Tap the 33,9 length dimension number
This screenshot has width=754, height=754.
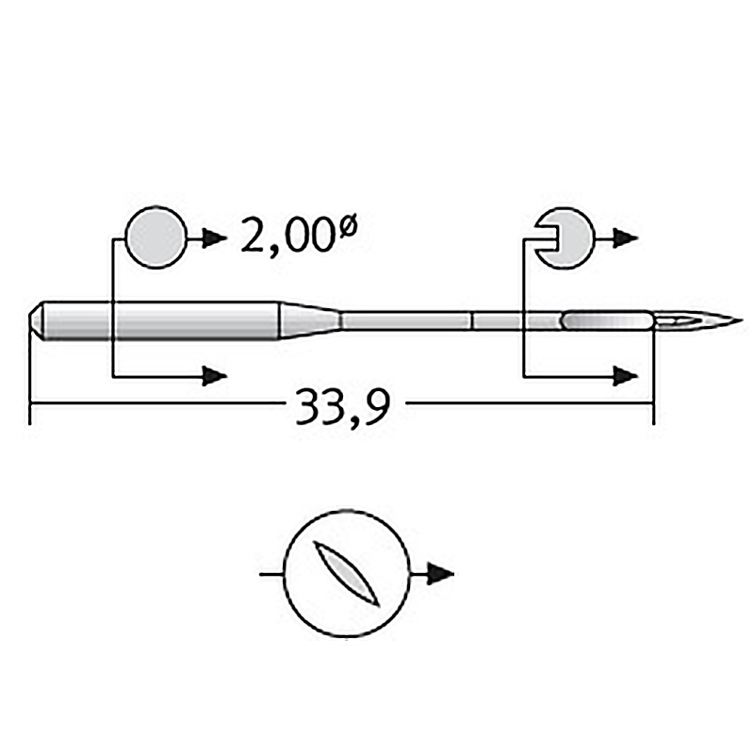(x=342, y=407)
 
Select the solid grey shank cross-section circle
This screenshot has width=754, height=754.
(x=156, y=238)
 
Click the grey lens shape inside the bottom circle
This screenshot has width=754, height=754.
(x=346, y=573)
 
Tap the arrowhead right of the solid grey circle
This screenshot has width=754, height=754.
(x=215, y=238)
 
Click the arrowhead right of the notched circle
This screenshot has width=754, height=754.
(x=626, y=238)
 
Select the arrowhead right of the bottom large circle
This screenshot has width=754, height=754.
(x=440, y=574)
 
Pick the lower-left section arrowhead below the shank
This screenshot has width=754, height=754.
(x=215, y=375)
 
